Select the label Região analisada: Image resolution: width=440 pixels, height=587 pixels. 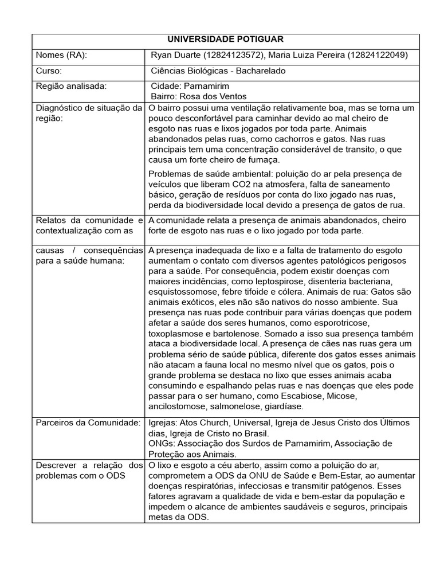71,86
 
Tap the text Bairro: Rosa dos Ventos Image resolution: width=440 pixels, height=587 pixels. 198,96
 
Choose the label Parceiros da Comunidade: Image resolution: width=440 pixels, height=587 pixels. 88,422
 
